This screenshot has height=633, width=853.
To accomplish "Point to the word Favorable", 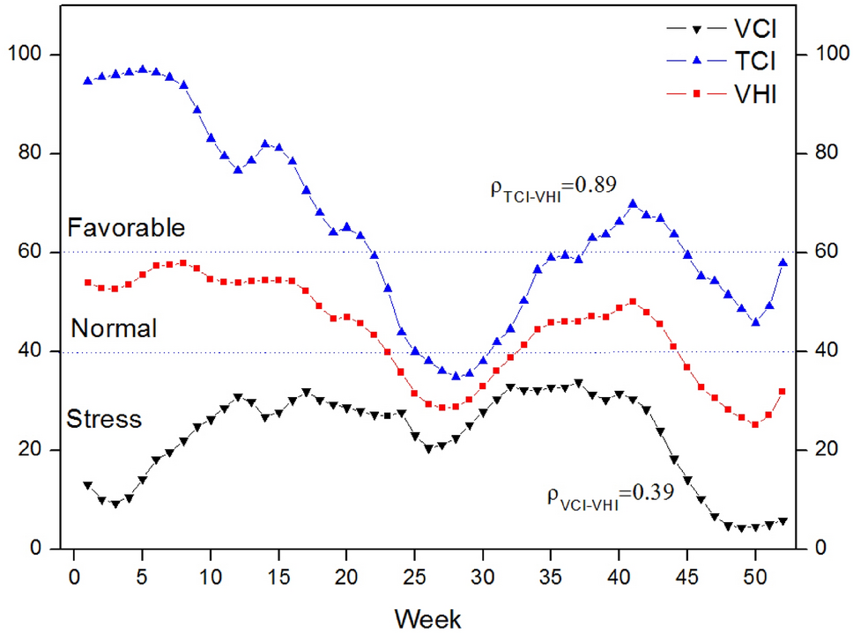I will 126,228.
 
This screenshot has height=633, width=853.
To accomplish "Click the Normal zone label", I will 114,329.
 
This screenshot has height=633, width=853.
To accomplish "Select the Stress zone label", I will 104,418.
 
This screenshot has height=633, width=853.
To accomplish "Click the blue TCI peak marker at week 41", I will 633,203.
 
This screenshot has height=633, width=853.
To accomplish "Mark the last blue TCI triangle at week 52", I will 783,261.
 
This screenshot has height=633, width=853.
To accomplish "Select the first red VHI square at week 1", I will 87,283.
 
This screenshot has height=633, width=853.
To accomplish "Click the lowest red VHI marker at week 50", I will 755,424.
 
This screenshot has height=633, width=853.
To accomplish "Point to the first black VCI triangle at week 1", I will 87,485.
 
